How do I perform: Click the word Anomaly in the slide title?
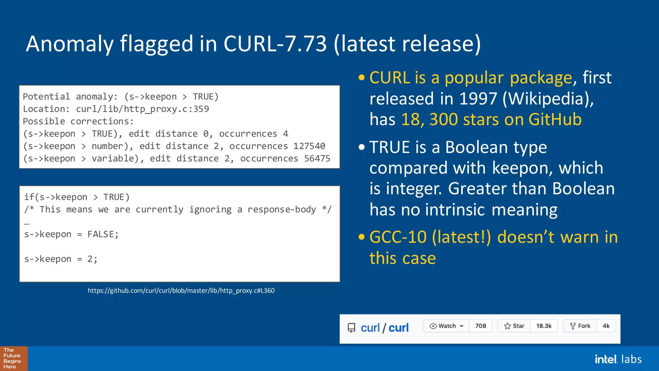tap(70, 44)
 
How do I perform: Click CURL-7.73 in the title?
tap(275, 44)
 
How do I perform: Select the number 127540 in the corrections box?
tap(309, 146)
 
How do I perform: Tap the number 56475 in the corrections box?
tap(317, 158)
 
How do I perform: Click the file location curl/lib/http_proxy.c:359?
tap(142, 109)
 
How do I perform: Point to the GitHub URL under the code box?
tap(181, 290)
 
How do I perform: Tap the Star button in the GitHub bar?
tap(514, 326)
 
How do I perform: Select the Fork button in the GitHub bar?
tap(580, 326)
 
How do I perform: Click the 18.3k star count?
tap(544, 326)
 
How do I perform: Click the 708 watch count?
tap(480, 326)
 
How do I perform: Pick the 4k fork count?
tap(606, 326)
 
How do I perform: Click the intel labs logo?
tap(618, 359)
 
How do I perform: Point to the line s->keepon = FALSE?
tap(71, 234)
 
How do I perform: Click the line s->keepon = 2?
tap(61, 259)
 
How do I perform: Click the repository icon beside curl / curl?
tap(351, 328)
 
